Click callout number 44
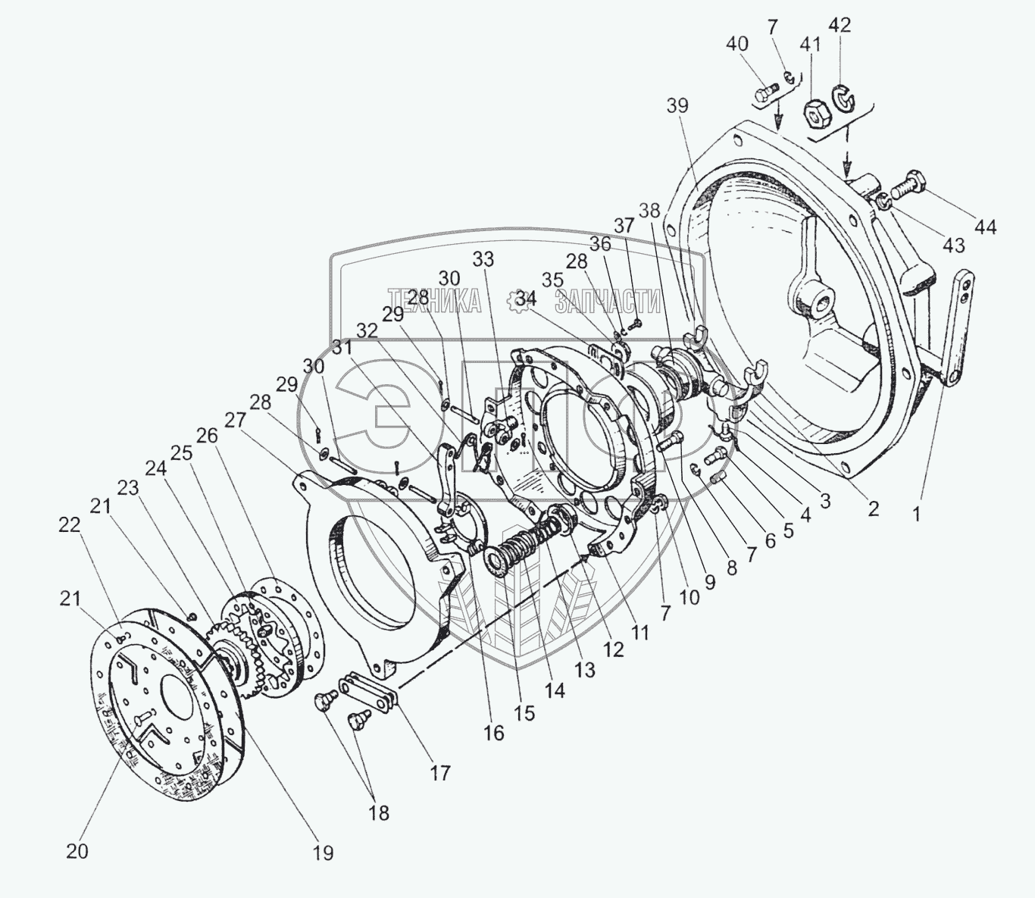(x=985, y=226)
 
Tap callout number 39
(x=677, y=106)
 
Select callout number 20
(x=77, y=851)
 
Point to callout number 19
(x=323, y=853)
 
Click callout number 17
(x=440, y=773)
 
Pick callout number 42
(x=840, y=25)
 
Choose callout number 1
(x=916, y=514)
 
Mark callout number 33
(x=483, y=260)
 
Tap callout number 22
(x=70, y=525)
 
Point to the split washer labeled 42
(x=843, y=96)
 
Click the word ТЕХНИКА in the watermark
(x=435, y=301)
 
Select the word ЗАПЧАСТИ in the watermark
(x=608, y=301)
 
